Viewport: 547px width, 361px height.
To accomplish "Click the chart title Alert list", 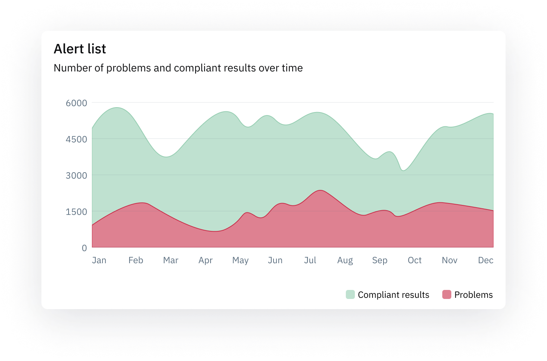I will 80,49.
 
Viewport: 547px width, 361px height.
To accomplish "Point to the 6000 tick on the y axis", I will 76,103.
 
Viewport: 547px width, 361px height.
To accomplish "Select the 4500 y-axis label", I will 76,140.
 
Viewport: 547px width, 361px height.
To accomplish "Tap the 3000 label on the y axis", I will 76,176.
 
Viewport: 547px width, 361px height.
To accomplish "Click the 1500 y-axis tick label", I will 76,212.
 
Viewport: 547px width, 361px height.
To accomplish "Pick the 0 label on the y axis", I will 84,248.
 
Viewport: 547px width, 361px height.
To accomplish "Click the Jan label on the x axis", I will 99,260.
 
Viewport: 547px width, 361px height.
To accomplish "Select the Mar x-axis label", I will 171,260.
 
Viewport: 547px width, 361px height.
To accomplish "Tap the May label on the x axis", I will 240,260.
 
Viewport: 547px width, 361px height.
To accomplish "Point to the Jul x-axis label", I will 310,260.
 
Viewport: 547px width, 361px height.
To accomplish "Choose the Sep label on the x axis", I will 380,260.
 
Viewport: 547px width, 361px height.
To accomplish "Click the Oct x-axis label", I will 414,260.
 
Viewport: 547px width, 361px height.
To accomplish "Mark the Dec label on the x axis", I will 486,260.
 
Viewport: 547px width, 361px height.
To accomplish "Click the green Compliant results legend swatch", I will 350,294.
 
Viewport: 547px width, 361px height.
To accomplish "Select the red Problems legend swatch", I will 447,294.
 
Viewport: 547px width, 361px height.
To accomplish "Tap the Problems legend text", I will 474,295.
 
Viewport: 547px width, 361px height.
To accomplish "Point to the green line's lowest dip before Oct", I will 403,170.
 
